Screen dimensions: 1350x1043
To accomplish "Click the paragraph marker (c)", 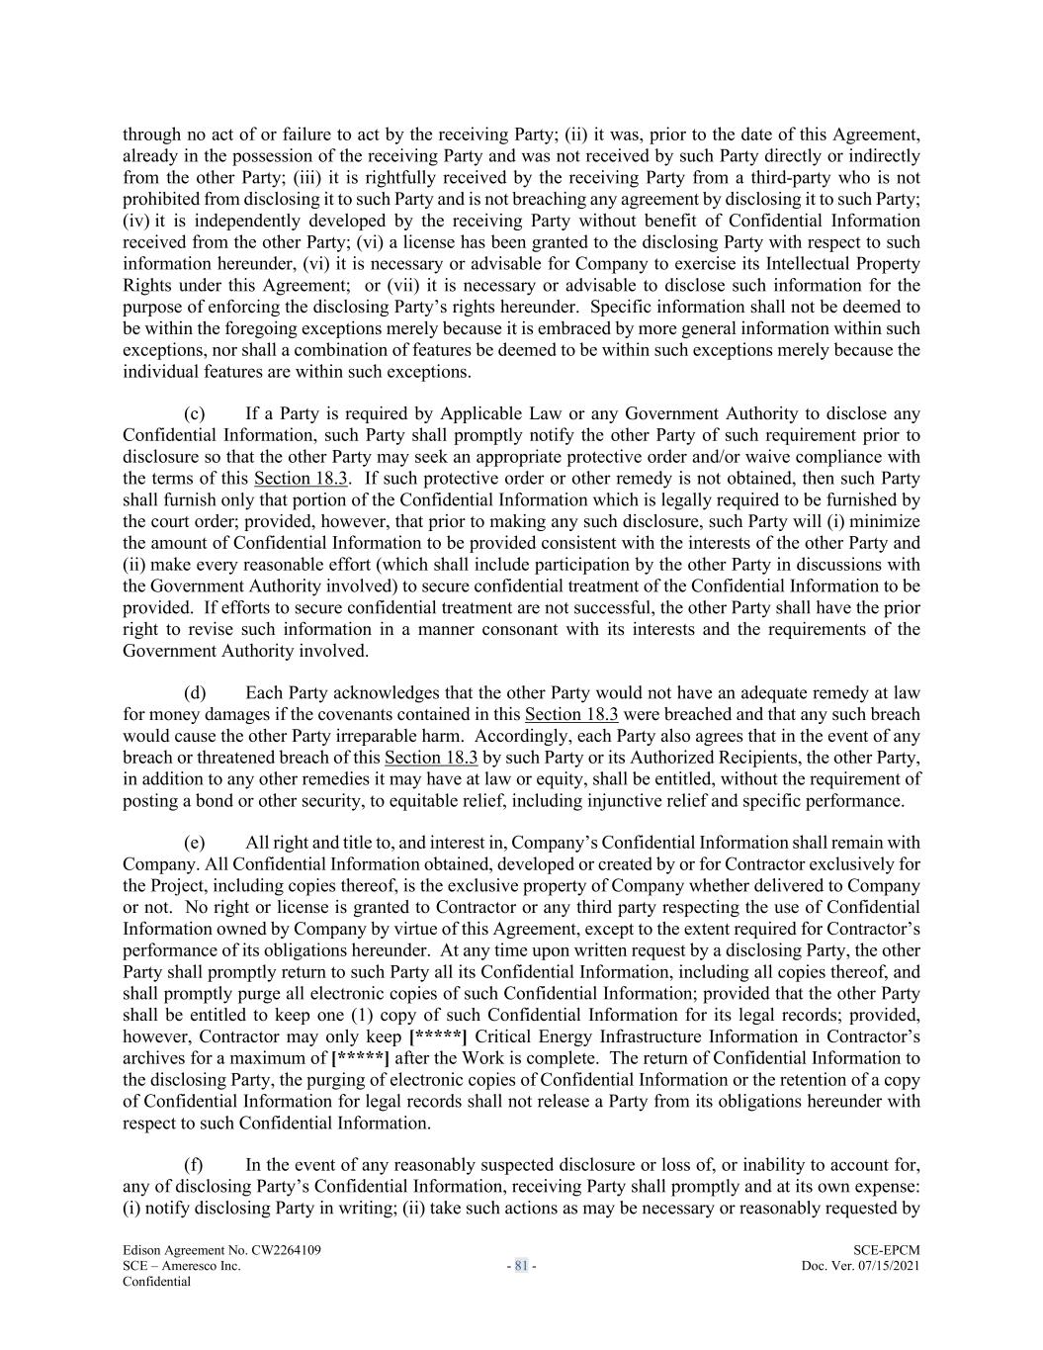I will coord(195,413).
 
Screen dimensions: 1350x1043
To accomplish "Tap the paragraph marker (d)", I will coord(195,692).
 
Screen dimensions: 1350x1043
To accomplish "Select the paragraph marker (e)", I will coord(195,843).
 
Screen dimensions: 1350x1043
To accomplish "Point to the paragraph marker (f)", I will coord(194,1165).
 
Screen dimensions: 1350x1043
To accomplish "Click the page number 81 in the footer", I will coord(521,1265).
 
